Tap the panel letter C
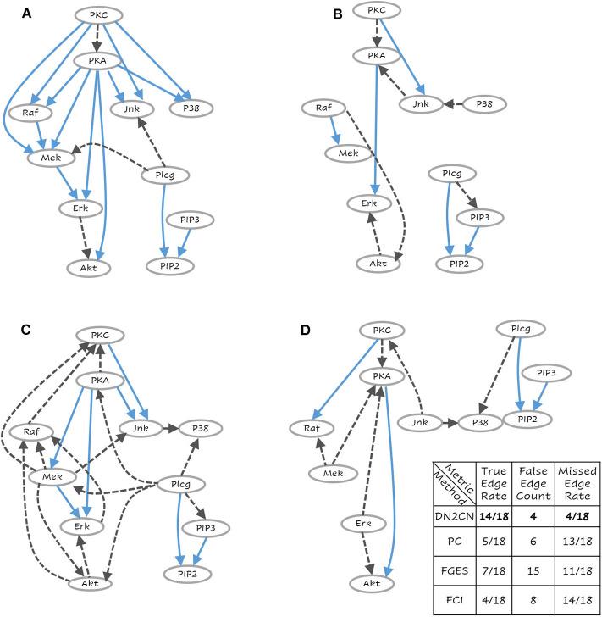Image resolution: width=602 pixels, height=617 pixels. (x=27, y=330)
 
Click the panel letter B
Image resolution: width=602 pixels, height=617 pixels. (x=314, y=14)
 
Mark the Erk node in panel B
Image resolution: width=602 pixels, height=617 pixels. (x=369, y=204)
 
